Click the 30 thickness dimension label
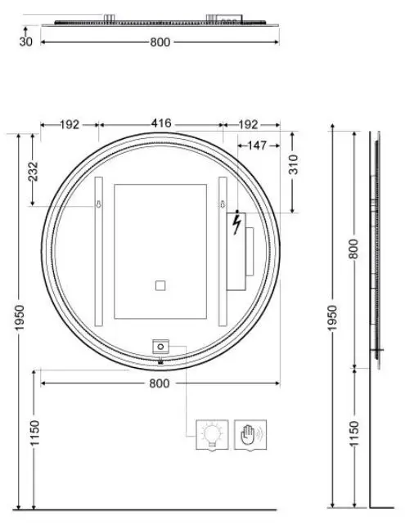[x=26, y=42]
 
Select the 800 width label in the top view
[x=160, y=43]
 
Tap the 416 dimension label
[x=161, y=123]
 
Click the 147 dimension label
[x=257, y=146]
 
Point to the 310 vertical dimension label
[x=295, y=164]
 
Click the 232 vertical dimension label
[x=34, y=172]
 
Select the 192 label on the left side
[x=70, y=125]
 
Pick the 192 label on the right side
[x=248, y=125]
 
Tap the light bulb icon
[x=212, y=434]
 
